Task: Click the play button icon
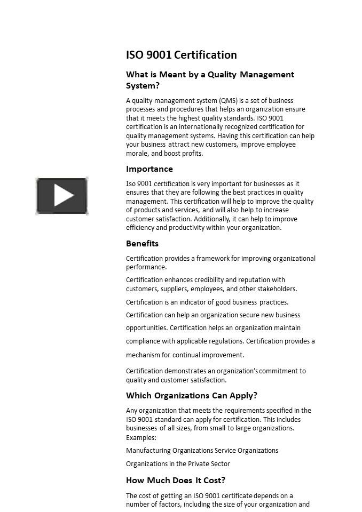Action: [62, 196]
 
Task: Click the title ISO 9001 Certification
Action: [181, 55]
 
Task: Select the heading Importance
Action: [149, 169]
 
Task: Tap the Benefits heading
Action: [142, 244]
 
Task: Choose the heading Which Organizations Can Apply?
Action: [191, 396]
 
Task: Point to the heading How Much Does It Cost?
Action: [175, 480]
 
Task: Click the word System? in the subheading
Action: [143, 86]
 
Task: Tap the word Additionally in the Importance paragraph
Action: [213, 219]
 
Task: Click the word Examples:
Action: [141, 438]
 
